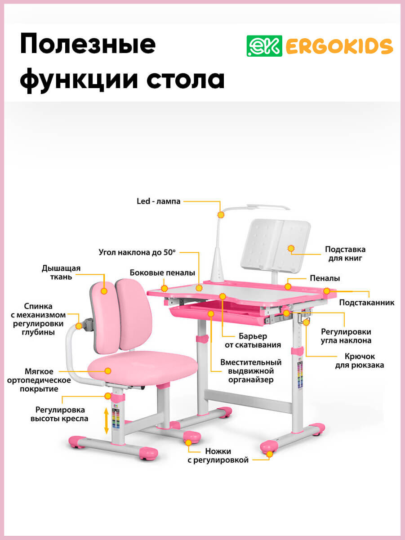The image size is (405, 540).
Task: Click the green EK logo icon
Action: click(264, 45)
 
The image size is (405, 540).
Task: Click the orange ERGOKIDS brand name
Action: click(339, 46)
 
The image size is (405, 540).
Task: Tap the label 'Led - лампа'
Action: click(159, 201)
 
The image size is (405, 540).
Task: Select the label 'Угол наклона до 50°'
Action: click(137, 252)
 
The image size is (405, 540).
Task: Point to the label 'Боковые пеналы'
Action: click(162, 273)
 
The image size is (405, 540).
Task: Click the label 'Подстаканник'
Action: click(367, 303)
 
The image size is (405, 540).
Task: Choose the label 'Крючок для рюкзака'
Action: click(360, 361)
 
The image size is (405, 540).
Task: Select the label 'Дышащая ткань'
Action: click(61, 272)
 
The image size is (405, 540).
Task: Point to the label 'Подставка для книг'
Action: click(345, 254)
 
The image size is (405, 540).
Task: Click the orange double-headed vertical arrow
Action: click(107, 420)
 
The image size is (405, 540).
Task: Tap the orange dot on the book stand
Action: click(291, 248)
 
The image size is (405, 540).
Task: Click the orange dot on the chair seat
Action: click(108, 371)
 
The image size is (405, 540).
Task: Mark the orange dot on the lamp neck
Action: click(221, 215)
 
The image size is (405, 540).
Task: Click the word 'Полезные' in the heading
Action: click(88, 45)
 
